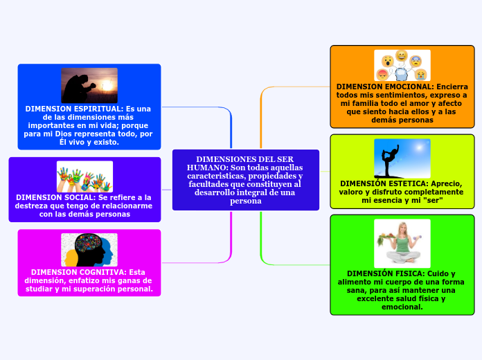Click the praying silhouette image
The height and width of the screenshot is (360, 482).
point(89,85)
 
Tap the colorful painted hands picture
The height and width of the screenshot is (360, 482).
point(84,177)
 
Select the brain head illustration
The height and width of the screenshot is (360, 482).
point(89,249)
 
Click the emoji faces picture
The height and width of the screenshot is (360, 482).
point(402,65)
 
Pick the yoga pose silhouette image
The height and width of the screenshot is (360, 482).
point(402,158)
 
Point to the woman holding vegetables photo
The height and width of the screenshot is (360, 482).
point(402,243)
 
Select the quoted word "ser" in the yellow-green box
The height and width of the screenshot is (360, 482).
point(432,200)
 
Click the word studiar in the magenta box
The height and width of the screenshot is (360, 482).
point(43,289)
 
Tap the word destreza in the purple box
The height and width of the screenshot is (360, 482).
point(33,206)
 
